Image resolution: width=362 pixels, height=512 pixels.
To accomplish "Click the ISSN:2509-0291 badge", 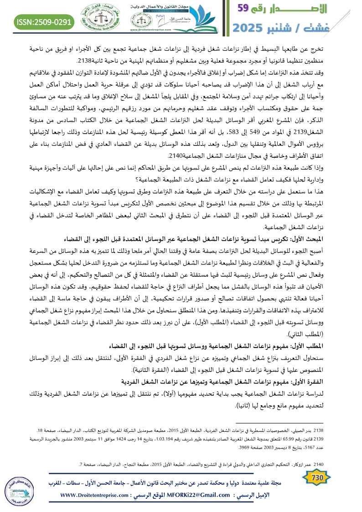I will point(44,21).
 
